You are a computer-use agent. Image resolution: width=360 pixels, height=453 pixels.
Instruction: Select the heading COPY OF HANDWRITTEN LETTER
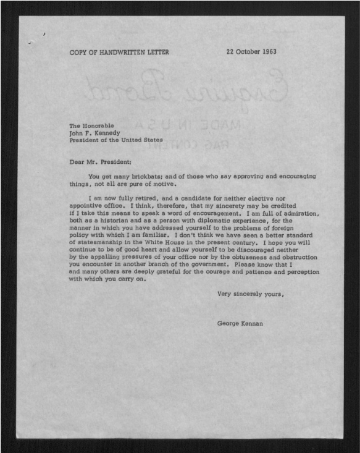(119, 53)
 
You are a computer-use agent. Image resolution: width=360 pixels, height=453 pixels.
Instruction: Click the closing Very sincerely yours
(251, 294)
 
